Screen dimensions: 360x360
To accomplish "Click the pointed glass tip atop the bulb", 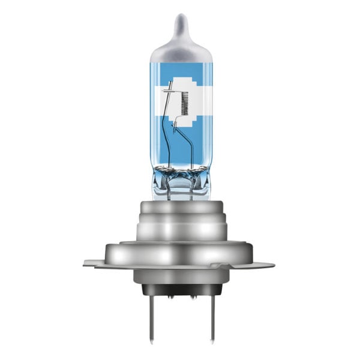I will pyautogui.click(x=179, y=24).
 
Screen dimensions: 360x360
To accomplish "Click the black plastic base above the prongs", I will pyautogui.click(x=179, y=289).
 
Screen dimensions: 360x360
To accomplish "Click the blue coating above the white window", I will pyautogui.click(x=179, y=70).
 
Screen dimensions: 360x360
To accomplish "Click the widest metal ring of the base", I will pyautogui.click(x=179, y=253).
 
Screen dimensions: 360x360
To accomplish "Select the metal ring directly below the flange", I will pyautogui.click(x=179, y=277).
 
